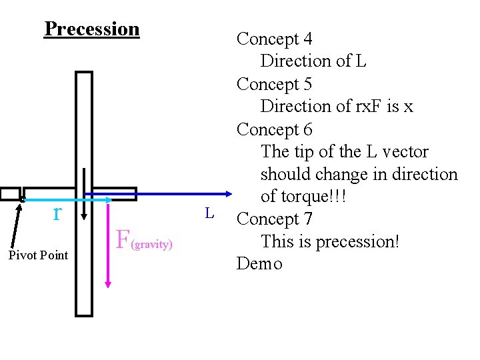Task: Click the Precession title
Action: pyautogui.click(x=92, y=29)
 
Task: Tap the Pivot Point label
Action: pyautogui.click(x=38, y=255)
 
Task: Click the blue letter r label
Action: pyautogui.click(x=58, y=213)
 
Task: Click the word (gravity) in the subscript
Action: pyautogui.click(x=152, y=245)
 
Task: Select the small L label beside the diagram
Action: pyautogui.click(x=209, y=213)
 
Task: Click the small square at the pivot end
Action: pyautogui.click(x=10, y=194)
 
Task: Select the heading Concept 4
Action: pyautogui.click(x=274, y=39)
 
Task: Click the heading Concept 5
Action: pyautogui.click(x=274, y=84)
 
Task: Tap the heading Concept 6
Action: pyautogui.click(x=274, y=129)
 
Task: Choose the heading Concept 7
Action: pyautogui.click(x=274, y=219)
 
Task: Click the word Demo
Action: pyautogui.click(x=259, y=263)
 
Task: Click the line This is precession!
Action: pyautogui.click(x=330, y=241)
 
